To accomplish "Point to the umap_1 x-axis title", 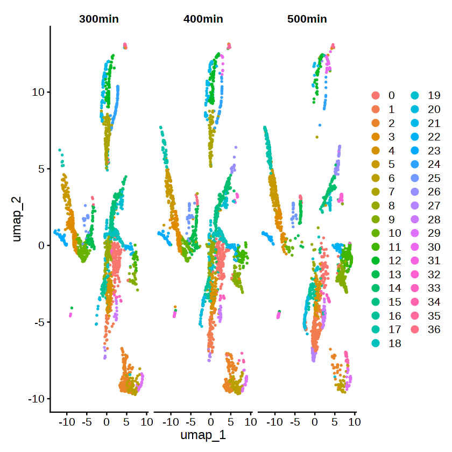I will point(203,435).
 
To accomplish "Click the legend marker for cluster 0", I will point(376,96).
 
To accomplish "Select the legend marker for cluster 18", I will point(376,344).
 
